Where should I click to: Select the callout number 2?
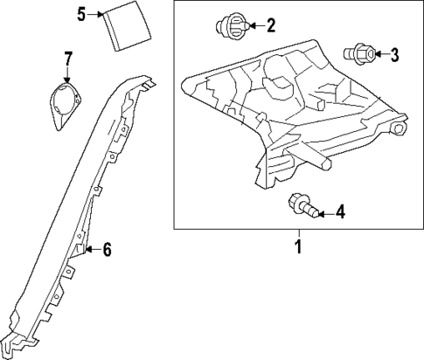tap(270, 25)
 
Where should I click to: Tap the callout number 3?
tap(394, 56)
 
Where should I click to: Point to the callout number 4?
tap(340, 211)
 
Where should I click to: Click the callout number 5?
tap(80, 14)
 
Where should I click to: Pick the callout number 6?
tap(107, 251)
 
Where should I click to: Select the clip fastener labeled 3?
tap(361, 55)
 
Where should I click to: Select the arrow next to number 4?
tap(323, 211)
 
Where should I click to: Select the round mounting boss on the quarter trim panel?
tap(399, 129)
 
